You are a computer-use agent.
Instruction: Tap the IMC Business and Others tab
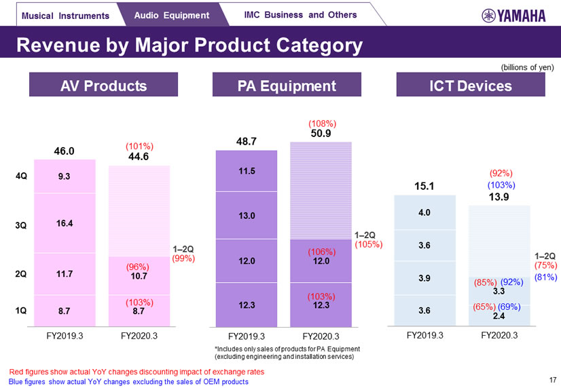(300, 14)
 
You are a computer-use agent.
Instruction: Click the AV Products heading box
(103, 86)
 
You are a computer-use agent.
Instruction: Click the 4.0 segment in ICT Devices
(424, 212)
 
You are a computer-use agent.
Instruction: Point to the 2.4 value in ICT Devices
(498, 316)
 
